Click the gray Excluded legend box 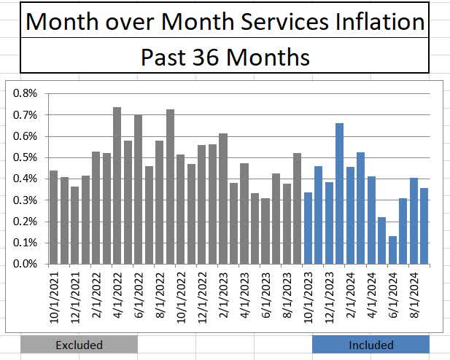tap(79, 345)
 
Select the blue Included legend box tap(371, 345)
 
